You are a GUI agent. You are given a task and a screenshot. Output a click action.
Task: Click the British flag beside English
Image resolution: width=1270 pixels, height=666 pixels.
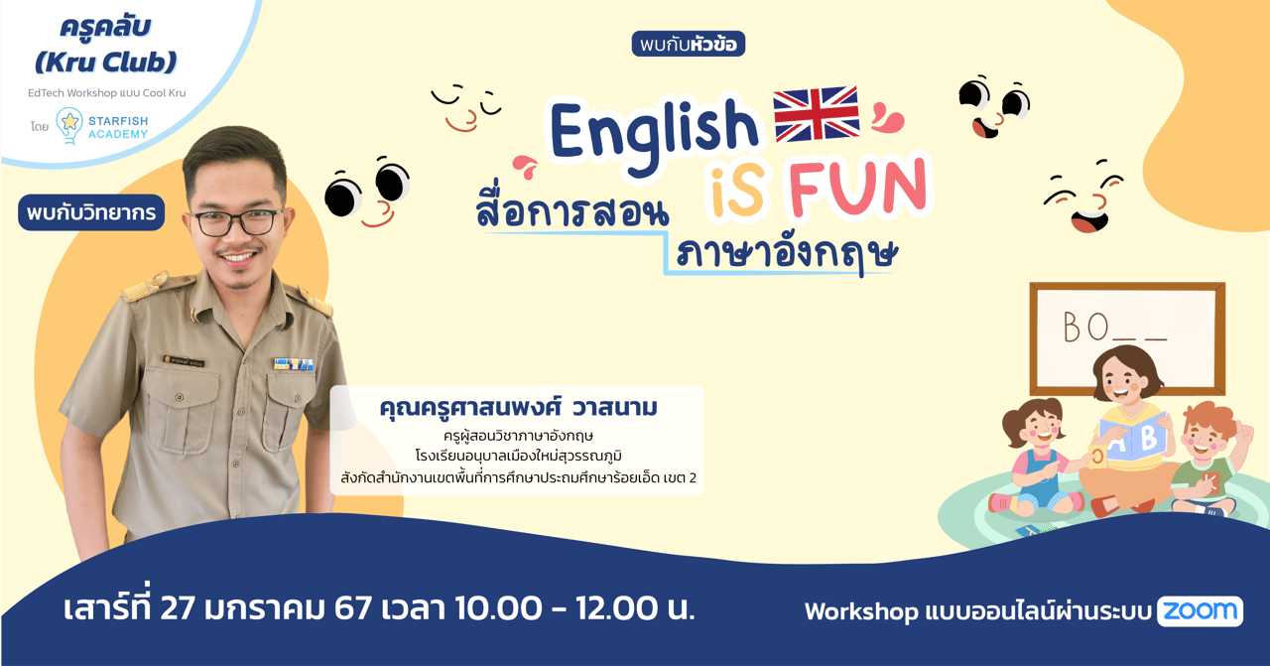816,113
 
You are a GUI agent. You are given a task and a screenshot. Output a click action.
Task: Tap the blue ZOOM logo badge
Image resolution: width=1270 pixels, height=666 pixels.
1200,610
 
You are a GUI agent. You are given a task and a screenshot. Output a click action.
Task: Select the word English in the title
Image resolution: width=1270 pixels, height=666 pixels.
653,130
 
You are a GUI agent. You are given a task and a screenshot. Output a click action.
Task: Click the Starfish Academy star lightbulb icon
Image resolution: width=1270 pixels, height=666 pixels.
69,123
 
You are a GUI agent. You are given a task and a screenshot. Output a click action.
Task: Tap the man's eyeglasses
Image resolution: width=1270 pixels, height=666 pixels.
234,221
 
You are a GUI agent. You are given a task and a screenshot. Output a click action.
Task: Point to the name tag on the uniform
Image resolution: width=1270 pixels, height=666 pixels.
185,360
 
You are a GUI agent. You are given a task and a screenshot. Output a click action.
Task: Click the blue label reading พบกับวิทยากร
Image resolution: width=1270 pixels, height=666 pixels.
90,213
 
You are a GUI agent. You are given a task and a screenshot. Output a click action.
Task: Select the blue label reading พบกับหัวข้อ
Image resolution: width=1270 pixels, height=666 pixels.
688,44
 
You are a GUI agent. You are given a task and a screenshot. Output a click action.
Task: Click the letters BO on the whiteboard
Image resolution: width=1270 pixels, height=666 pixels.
1085,327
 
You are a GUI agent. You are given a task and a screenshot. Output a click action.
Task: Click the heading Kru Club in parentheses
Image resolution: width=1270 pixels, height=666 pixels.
105,63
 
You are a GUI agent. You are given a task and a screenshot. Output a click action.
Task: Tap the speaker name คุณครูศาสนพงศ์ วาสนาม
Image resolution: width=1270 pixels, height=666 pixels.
518,408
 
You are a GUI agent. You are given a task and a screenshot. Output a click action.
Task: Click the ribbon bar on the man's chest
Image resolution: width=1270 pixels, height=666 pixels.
294,364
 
